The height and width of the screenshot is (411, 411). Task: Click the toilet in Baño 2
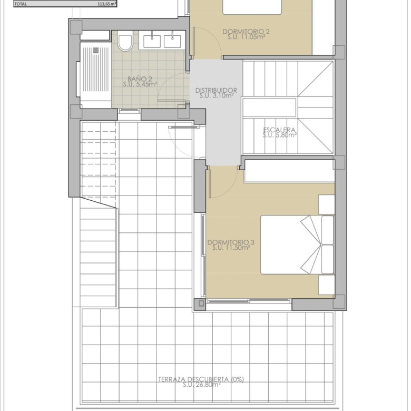(x=125, y=41)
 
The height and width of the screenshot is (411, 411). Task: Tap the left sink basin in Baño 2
(x=152, y=42)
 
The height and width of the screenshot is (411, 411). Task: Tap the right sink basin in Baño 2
(x=172, y=42)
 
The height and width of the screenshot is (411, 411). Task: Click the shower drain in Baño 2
(x=96, y=50)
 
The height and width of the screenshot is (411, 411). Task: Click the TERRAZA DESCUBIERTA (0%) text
(x=201, y=379)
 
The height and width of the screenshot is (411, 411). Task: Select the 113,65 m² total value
(x=106, y=4)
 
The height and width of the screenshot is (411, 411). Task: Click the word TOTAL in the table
(x=21, y=4)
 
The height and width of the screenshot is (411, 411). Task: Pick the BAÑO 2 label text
(x=140, y=79)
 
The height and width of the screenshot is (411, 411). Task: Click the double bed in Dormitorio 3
(x=297, y=245)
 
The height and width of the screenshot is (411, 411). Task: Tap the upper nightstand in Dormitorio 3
(x=327, y=204)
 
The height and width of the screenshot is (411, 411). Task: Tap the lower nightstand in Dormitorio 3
(x=327, y=285)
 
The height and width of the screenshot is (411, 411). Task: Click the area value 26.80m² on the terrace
(x=202, y=385)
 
